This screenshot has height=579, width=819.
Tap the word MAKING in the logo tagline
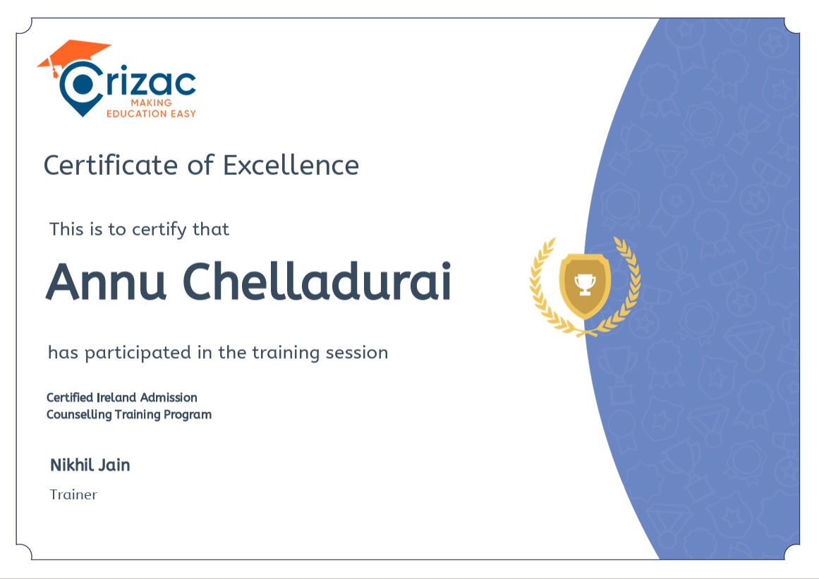[151, 102]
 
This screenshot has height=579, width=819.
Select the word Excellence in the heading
[291, 166]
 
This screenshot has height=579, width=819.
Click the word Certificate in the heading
[111, 166]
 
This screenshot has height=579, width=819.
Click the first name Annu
[106, 281]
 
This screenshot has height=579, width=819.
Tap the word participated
[138, 353]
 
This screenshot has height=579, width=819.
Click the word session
[357, 353]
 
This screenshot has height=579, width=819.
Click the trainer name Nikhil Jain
[90, 465]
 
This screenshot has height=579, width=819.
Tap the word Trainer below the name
[73, 494]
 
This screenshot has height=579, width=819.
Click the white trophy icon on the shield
[585, 284]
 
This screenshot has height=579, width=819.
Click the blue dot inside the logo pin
[82, 84]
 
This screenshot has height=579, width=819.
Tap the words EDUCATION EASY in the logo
[151, 114]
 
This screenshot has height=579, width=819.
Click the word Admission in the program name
[169, 398]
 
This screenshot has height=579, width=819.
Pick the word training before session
[286, 353]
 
